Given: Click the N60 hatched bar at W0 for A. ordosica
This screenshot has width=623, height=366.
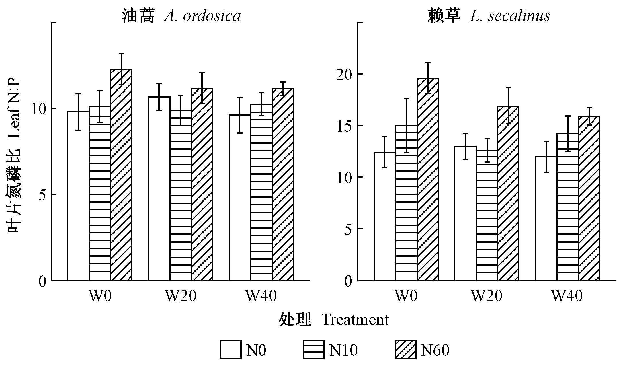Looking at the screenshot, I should tap(121, 175).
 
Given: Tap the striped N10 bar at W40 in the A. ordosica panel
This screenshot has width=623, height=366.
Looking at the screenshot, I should tap(261, 192).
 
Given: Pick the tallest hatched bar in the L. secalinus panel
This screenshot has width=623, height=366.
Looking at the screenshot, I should tap(427, 179).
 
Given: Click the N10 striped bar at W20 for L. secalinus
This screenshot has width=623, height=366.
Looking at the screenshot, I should tap(487, 215).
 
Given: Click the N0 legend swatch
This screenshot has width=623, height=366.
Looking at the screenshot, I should tap(231, 350).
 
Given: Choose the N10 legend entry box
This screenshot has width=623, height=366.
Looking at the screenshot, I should tap(313, 350).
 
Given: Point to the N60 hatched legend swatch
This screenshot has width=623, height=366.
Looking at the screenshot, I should tap(405, 350).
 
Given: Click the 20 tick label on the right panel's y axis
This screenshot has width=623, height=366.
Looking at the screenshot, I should tap(345, 74).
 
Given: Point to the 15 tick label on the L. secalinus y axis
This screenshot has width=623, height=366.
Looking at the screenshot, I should tap(345, 126).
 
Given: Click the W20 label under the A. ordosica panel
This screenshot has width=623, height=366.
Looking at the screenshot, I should tap(181, 296).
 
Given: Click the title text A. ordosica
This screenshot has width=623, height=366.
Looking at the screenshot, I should tap(202, 16).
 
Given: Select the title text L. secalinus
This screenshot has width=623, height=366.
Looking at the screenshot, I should tap(510, 16).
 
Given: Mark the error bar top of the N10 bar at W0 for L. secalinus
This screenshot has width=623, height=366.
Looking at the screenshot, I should tap(406, 99).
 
